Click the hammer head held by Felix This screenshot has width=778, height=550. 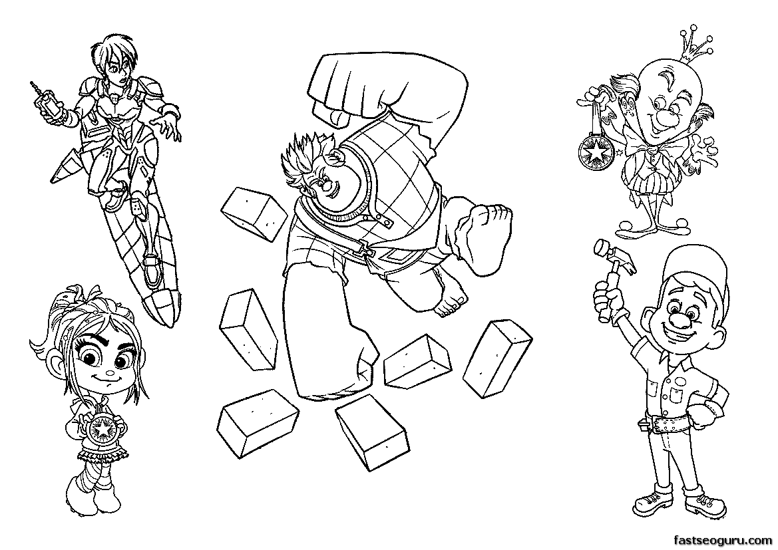tap(615, 255)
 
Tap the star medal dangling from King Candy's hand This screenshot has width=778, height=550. tap(594, 153)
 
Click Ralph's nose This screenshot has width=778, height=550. tap(325, 188)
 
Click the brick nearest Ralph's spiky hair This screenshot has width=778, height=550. tap(253, 213)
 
